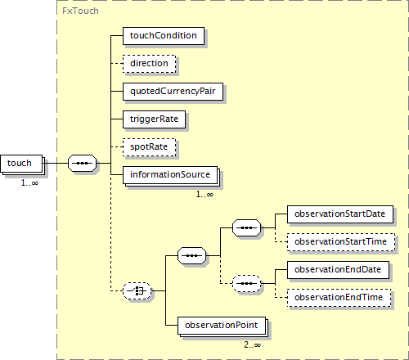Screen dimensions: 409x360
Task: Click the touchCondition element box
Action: click(164, 36)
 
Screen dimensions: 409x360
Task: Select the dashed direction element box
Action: click(149, 64)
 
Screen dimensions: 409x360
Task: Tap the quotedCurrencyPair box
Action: click(173, 92)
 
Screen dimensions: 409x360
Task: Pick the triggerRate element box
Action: click(154, 119)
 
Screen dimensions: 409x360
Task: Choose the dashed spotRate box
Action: click(149, 147)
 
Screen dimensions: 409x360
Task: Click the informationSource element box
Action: click(171, 176)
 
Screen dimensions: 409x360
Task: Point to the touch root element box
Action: click(22, 164)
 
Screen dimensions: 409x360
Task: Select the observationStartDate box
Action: click(340, 214)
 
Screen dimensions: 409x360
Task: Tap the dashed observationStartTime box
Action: click(341, 242)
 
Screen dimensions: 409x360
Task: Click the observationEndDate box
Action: click(338, 270)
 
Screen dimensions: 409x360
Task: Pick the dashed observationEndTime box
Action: click(339, 298)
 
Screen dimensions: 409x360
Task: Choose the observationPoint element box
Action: click(222, 326)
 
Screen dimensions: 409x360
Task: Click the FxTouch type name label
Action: click(80, 11)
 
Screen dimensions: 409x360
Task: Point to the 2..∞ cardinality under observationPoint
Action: click(252, 345)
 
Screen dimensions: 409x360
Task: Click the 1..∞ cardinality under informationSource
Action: click(204, 195)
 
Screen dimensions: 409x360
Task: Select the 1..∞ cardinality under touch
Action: click(29, 183)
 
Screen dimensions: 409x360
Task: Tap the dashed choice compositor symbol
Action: click(137, 291)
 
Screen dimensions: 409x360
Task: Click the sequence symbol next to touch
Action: click(82, 164)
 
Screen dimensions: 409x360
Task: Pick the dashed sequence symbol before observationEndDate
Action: click(246, 284)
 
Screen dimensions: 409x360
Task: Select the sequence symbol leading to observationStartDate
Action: click(246, 227)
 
